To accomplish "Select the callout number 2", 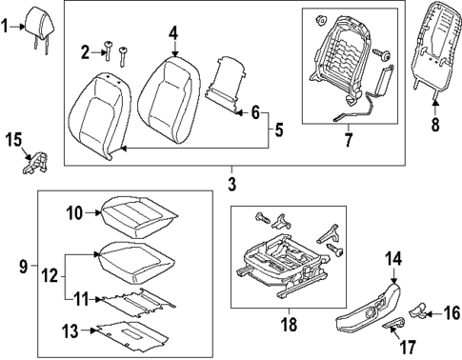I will coord(85,50).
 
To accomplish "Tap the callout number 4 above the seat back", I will coord(172,34).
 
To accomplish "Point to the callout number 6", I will coord(254,113).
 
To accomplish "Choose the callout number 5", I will coord(277,128).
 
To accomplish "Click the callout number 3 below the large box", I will coord(231,181).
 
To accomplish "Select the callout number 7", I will coord(348,141).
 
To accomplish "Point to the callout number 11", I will coord(81,300).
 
